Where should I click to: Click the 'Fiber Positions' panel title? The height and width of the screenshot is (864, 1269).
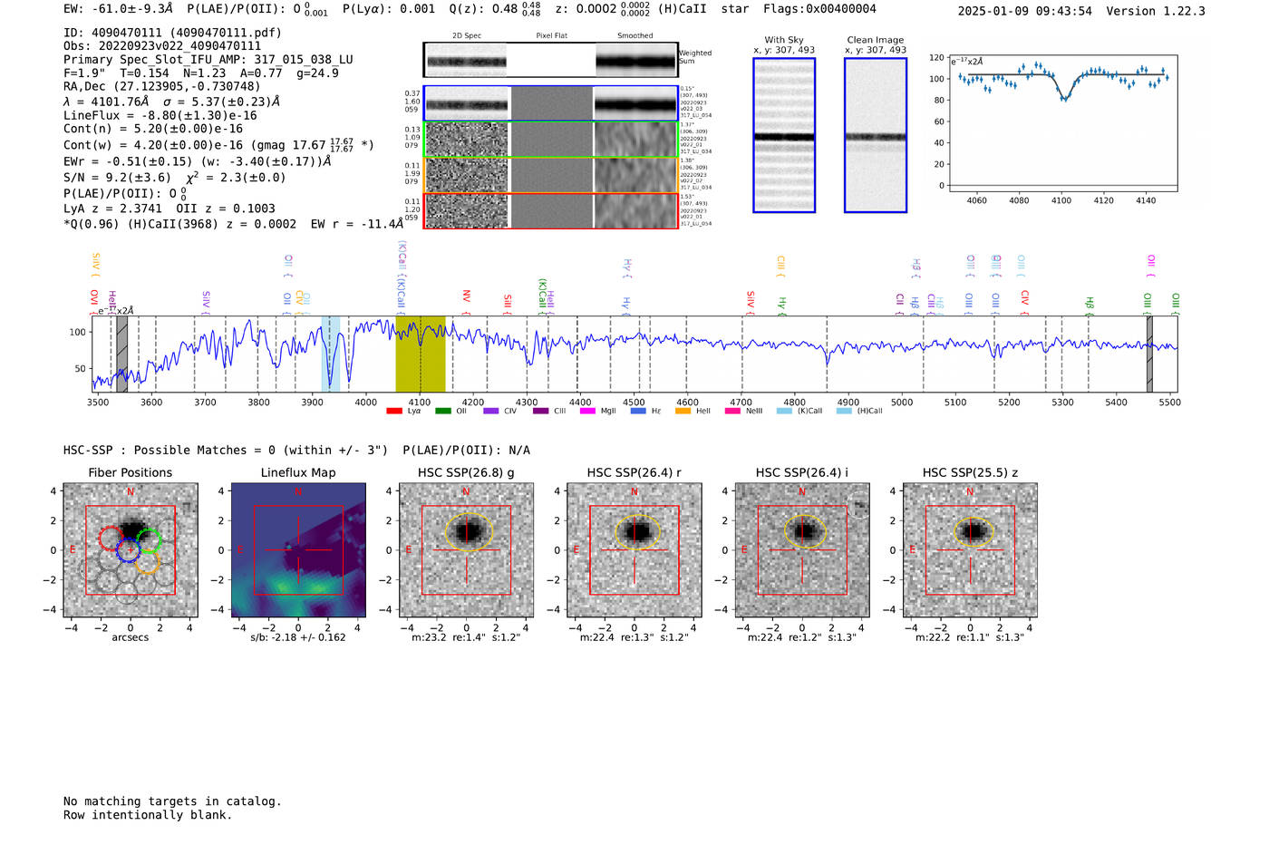pos(130,472)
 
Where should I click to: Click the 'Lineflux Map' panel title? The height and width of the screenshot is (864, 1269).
pos(297,472)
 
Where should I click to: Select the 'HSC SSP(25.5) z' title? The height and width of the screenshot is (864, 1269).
pos(969,472)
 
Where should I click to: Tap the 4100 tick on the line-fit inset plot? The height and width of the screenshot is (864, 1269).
pos(1061,200)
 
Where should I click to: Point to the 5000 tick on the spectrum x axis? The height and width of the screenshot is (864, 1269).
pos(901,402)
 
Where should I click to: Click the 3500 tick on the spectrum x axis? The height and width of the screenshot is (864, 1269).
pos(98,402)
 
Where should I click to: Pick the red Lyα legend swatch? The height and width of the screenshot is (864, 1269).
pos(394,411)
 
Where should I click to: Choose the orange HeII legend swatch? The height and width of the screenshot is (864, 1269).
pos(683,411)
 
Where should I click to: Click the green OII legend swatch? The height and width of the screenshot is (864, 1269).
pos(442,411)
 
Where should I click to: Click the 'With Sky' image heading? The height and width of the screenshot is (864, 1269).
pos(783,40)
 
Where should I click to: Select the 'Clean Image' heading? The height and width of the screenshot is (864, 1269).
pos(875,40)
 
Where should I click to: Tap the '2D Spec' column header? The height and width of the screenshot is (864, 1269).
pos(467,36)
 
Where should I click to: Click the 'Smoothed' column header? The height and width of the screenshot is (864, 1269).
pos(634,36)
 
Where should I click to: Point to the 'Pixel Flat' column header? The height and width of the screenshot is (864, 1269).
pos(551,36)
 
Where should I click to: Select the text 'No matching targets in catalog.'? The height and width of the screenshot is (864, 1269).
pos(172,801)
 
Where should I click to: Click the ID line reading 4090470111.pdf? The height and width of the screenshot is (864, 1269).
pos(172,33)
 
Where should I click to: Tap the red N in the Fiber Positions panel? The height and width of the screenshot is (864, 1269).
pos(131,492)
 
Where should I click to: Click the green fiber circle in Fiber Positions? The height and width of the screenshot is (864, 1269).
pos(149,540)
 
